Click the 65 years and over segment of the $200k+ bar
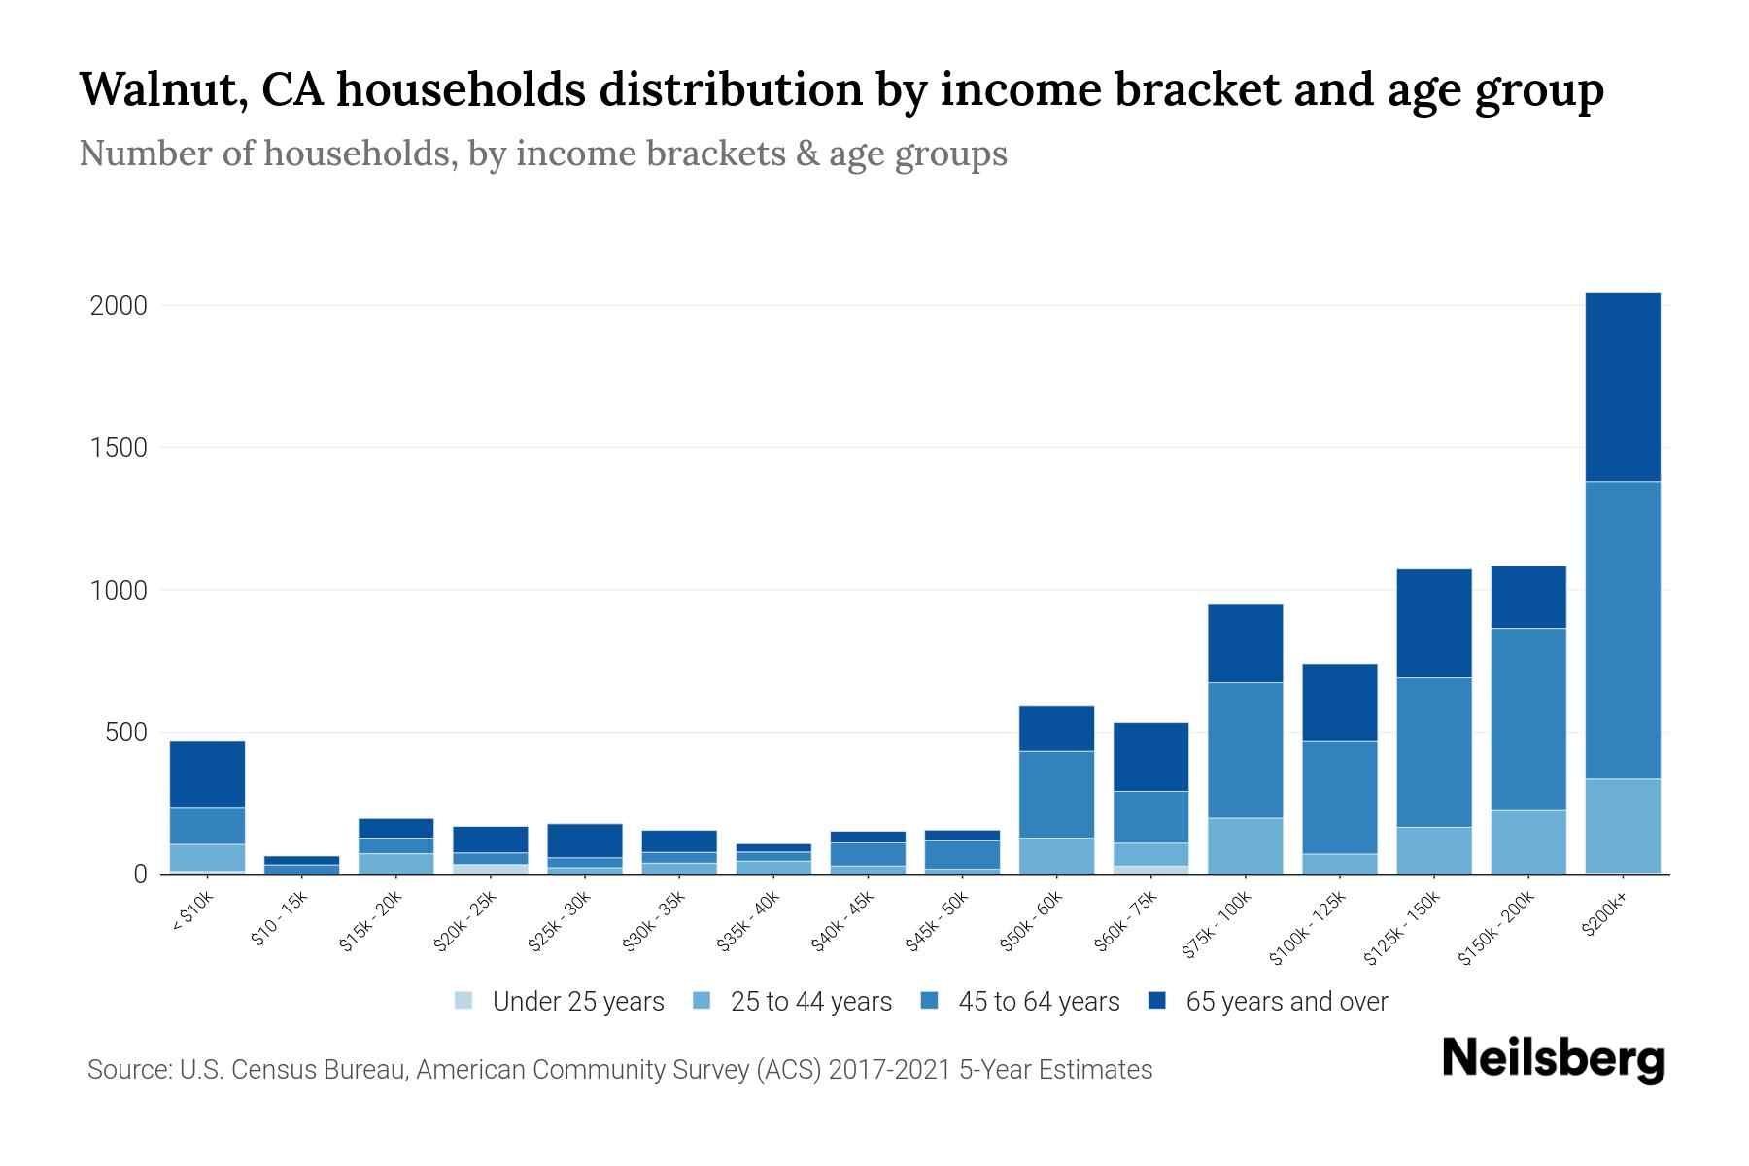click(1623, 387)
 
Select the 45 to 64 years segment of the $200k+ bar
click(1623, 630)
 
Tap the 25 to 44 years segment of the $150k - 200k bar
click(1528, 841)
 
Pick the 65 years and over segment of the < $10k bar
click(207, 774)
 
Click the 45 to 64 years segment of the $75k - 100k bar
click(1245, 749)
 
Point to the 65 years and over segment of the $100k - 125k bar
click(1339, 703)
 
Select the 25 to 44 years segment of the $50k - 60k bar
click(1056, 855)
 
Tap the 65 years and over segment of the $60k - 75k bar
click(1150, 756)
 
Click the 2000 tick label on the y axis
click(119, 306)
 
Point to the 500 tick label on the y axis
click(126, 733)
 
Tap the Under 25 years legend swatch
click(463, 1000)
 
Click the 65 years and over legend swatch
click(1156, 1000)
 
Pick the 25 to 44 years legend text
click(810, 1002)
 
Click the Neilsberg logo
click(1553, 1058)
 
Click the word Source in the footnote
click(127, 1070)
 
